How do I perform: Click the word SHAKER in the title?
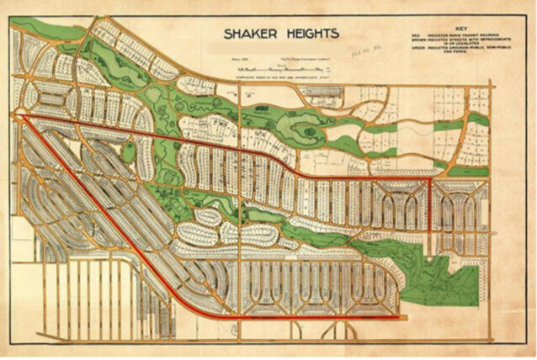[x=249, y=34]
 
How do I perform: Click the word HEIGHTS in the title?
[x=310, y=34]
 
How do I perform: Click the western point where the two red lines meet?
[x=20, y=119]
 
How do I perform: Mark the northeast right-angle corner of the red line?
[x=430, y=178]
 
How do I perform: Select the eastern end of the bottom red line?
[x=399, y=317]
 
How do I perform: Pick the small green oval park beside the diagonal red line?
[x=128, y=152]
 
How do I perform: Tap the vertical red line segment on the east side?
[x=431, y=206]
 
